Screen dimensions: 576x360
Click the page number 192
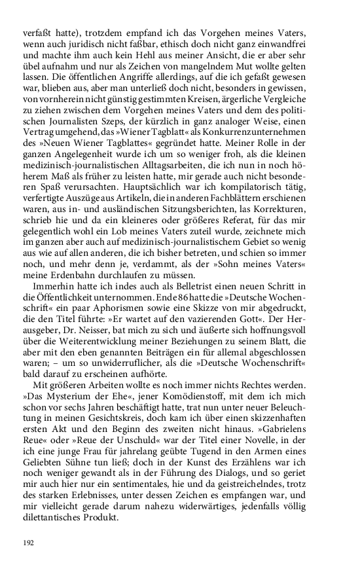click(x=29, y=543)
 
